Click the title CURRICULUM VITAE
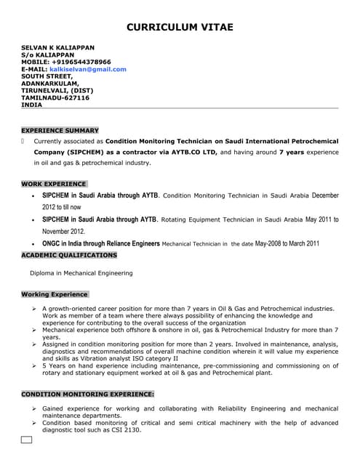[180, 27]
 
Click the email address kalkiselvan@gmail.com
[92, 69]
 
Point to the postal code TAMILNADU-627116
[55, 97]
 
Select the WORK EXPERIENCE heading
[53, 184]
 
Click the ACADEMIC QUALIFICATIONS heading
[68, 255]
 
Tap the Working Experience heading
[55, 294]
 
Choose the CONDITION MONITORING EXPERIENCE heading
[87, 393]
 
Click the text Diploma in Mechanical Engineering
[81, 273]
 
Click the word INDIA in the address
[31, 105]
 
